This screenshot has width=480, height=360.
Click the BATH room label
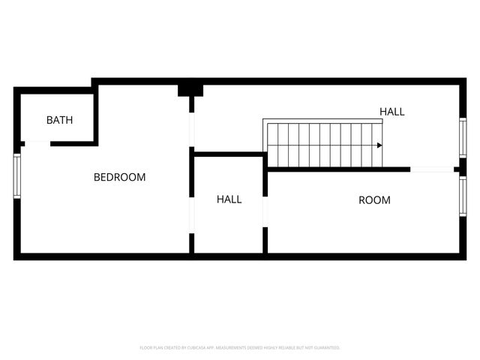59,120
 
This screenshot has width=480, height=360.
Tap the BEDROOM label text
119,178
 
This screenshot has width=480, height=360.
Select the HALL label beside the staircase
391,112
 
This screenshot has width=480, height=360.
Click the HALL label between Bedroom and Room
229,199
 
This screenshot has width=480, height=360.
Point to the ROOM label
374,200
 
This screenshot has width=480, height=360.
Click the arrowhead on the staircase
379,145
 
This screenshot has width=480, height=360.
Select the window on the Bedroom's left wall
16,176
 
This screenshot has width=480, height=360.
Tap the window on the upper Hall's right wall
463,137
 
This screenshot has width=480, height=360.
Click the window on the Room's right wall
463,196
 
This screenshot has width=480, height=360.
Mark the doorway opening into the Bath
37,143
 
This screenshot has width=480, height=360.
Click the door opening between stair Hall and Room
432,169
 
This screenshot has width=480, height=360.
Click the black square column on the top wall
190,90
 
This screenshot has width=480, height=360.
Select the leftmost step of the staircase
273,145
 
